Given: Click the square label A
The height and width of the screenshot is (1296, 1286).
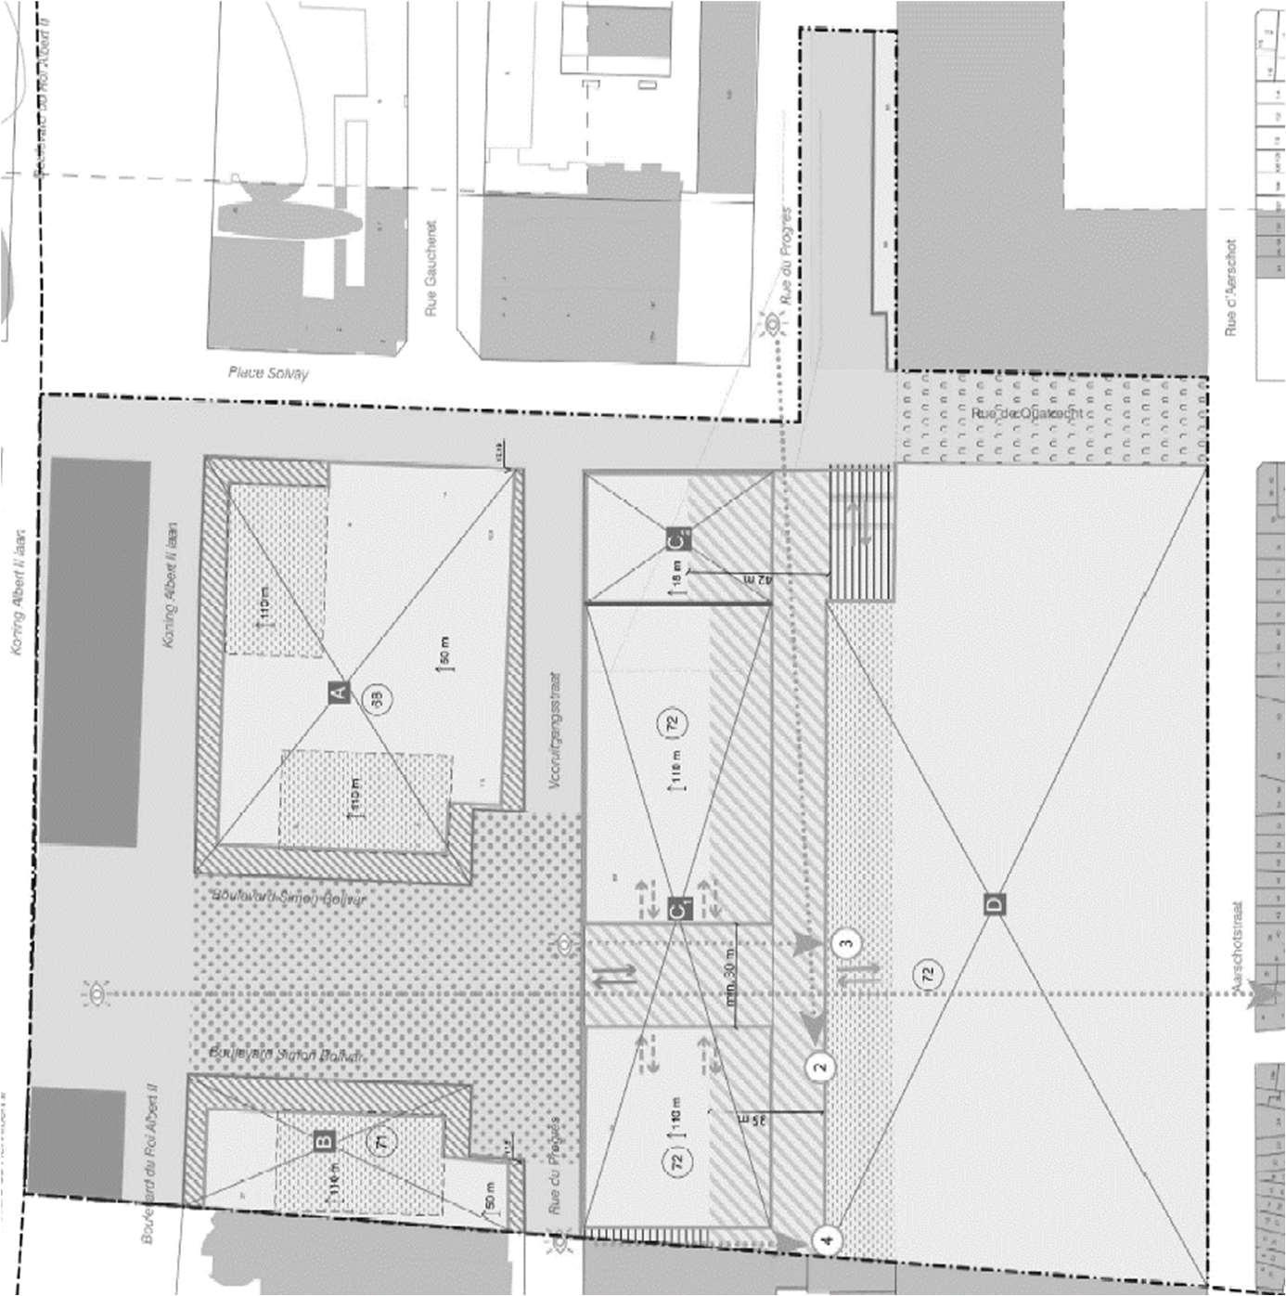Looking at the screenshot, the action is pos(339,692).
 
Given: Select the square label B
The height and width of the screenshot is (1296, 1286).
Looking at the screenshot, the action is pos(324,1141).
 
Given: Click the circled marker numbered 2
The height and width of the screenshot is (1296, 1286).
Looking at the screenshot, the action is pos(819,1067).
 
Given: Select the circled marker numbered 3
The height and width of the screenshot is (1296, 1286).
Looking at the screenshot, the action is pos(845,943).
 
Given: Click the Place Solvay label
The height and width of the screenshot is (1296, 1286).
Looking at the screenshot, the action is pos(268,373).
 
